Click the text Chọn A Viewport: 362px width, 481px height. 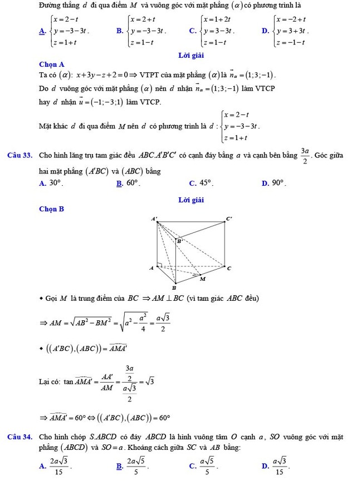[x=52, y=65]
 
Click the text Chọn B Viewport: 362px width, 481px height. [x=52, y=209]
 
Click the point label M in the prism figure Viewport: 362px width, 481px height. [x=202, y=279]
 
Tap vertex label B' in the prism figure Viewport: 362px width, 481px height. [x=179, y=241]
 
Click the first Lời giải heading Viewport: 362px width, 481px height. [x=191, y=55]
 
